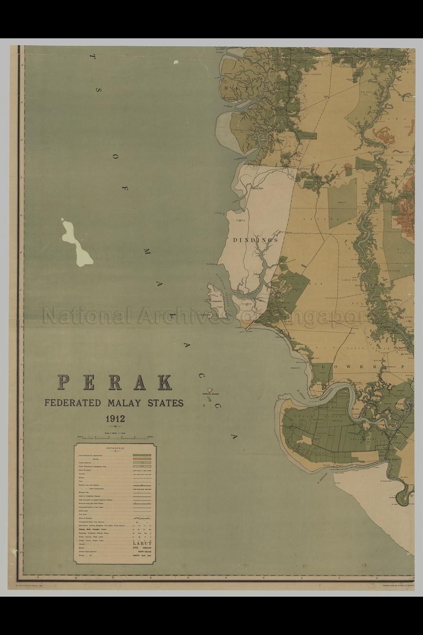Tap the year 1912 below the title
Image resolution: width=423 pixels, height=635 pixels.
point(115,418)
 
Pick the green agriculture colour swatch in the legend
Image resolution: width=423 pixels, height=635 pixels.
point(141,455)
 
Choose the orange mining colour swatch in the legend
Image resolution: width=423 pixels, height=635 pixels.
point(141,458)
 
